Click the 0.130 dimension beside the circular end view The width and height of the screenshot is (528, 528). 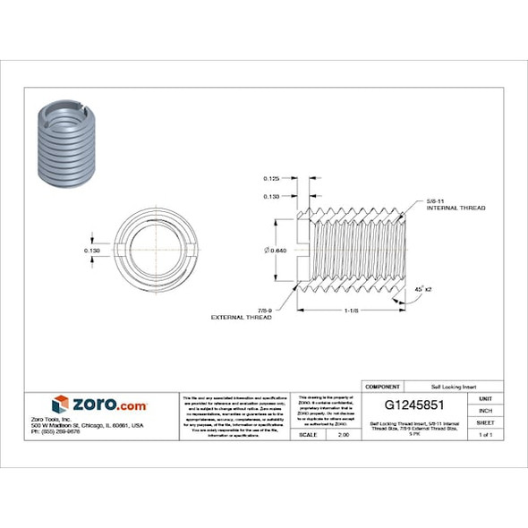(91, 251)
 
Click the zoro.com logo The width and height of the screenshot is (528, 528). (98, 405)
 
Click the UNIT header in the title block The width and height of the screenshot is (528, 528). (486, 397)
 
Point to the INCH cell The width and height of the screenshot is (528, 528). (486, 410)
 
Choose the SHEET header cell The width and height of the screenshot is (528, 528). (486, 422)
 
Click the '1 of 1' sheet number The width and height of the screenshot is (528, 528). (486, 434)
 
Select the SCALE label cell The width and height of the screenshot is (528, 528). (310, 434)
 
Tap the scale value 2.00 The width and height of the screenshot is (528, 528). (344, 434)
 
